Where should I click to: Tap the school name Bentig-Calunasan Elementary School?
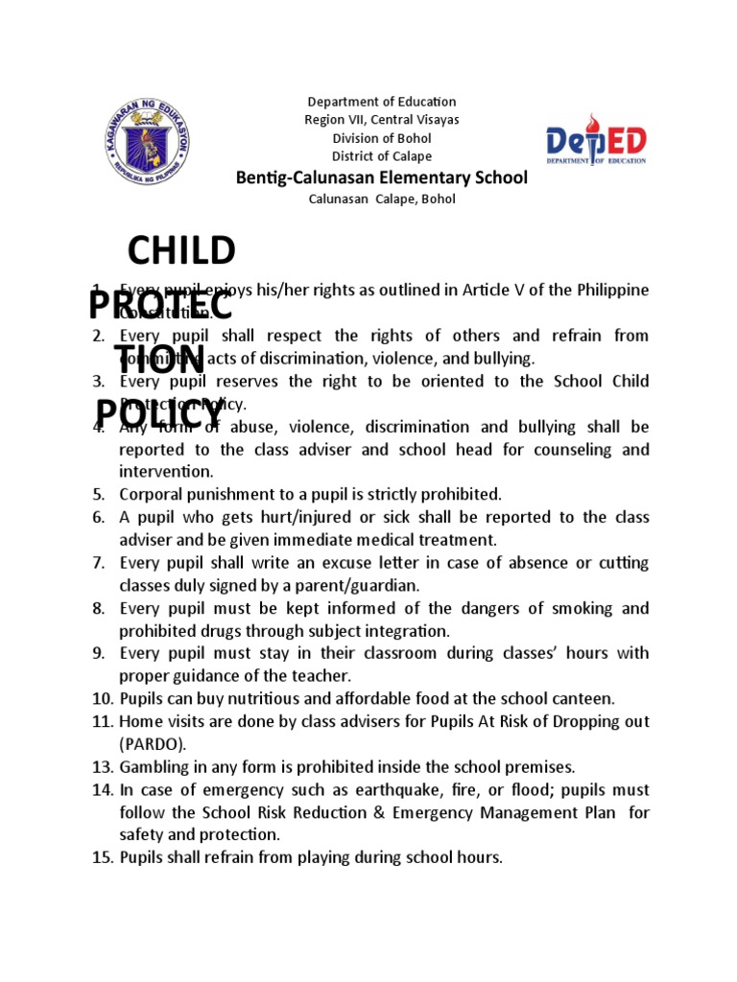click(x=381, y=177)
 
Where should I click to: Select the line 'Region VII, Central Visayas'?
click(x=381, y=120)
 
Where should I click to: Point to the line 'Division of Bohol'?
click(x=381, y=138)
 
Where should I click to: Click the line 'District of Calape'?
click(x=381, y=156)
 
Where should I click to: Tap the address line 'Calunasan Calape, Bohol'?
click(x=381, y=199)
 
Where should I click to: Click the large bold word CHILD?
click(x=181, y=251)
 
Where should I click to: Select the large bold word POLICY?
click(x=158, y=413)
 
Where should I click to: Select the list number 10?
click(x=103, y=698)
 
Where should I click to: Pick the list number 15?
click(x=103, y=857)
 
